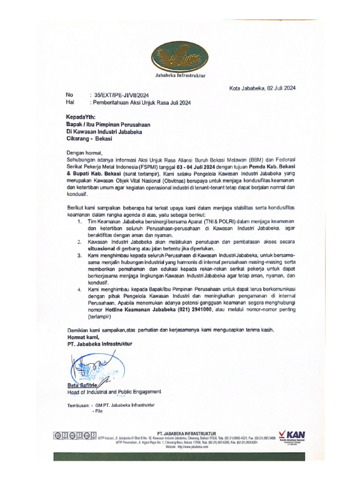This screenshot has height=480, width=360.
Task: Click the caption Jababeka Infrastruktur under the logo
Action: pos(180,75)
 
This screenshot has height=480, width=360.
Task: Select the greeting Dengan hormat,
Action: pos(84,152)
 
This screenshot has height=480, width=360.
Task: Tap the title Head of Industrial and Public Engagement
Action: pos(114,392)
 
